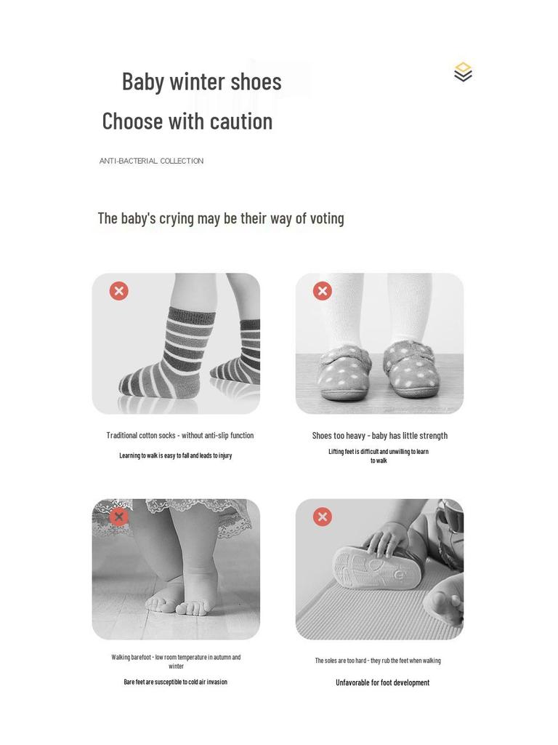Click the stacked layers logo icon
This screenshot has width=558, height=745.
463,72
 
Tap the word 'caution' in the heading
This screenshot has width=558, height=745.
241,121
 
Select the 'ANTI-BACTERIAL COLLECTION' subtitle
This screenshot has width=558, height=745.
151,161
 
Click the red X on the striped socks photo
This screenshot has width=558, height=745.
119,291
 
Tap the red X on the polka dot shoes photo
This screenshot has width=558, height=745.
323,291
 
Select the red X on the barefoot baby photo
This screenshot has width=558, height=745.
119,517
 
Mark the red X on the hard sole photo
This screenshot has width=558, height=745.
323,517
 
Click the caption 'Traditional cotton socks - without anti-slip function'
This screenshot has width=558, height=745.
180,436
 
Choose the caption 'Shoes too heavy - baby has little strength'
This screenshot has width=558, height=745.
379,436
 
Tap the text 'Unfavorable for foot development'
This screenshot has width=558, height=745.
382,682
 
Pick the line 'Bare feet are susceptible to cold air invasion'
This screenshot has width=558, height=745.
175,682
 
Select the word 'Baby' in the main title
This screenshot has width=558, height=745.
142,81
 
